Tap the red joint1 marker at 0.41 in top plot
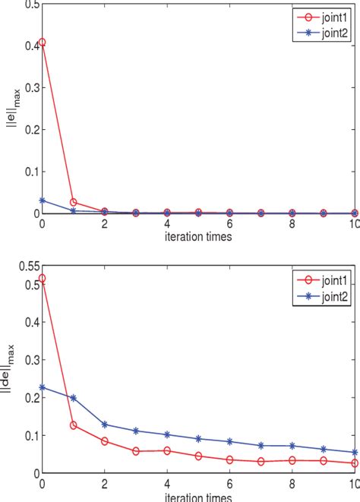[x=42, y=42]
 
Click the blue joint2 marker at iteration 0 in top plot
[x=42, y=200]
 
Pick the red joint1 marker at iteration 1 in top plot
[x=73, y=203]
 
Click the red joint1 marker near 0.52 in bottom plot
[x=42, y=279]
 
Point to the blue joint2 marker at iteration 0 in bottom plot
[x=42, y=387]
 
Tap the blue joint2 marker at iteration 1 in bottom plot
[x=73, y=397]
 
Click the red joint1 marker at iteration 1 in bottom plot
[x=73, y=425]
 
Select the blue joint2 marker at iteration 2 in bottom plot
[x=104, y=424]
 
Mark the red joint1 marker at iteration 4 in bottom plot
[x=166, y=450]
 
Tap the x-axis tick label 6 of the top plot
[x=229, y=226]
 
